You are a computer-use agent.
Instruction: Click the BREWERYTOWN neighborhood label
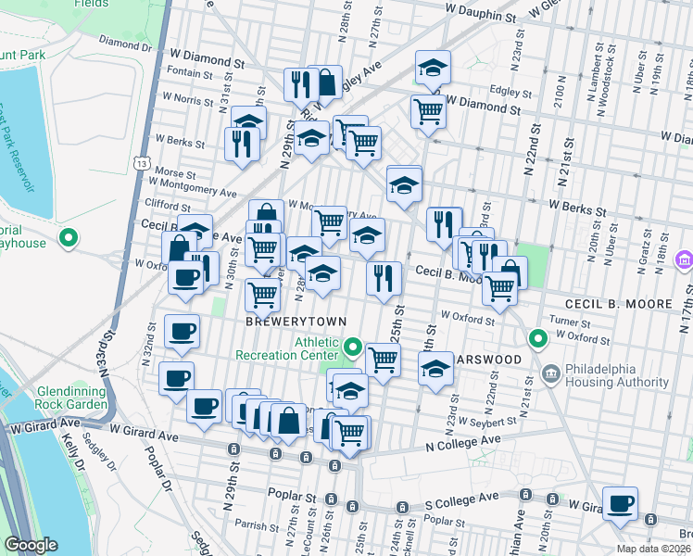[296, 321]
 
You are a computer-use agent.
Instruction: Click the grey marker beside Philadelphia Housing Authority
[550, 375]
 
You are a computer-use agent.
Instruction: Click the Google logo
[31, 545]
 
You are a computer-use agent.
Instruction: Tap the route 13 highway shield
[141, 163]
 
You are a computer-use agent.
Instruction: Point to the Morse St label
[175, 173]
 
